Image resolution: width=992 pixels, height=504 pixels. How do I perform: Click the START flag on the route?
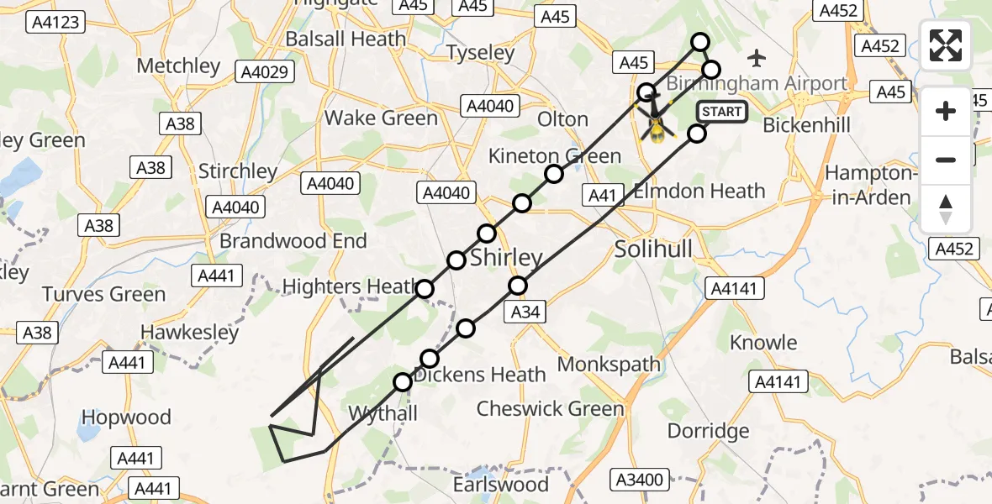click(721, 112)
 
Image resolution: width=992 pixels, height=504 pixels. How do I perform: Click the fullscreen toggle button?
click(946, 45)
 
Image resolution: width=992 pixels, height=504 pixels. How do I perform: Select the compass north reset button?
click(946, 209)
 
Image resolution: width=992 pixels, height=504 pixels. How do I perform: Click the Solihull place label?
click(653, 249)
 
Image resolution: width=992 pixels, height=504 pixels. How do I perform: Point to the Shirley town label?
click(506, 258)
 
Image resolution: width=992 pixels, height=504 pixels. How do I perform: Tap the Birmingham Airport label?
click(757, 83)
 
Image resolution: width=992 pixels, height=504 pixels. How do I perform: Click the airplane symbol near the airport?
click(757, 58)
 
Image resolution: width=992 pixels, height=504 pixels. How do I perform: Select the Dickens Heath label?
click(480, 375)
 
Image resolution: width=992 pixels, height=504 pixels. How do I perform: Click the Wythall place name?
click(383, 414)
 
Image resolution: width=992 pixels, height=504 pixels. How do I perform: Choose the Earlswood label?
click(501, 485)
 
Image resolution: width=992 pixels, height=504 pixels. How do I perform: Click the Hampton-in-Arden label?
click(868, 186)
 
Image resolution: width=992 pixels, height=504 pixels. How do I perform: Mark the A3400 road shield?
click(640, 480)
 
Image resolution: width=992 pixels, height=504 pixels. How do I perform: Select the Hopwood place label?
click(126, 417)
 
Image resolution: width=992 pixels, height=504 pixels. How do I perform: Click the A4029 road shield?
click(264, 72)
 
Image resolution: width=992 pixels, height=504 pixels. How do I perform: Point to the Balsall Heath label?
click(346, 39)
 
